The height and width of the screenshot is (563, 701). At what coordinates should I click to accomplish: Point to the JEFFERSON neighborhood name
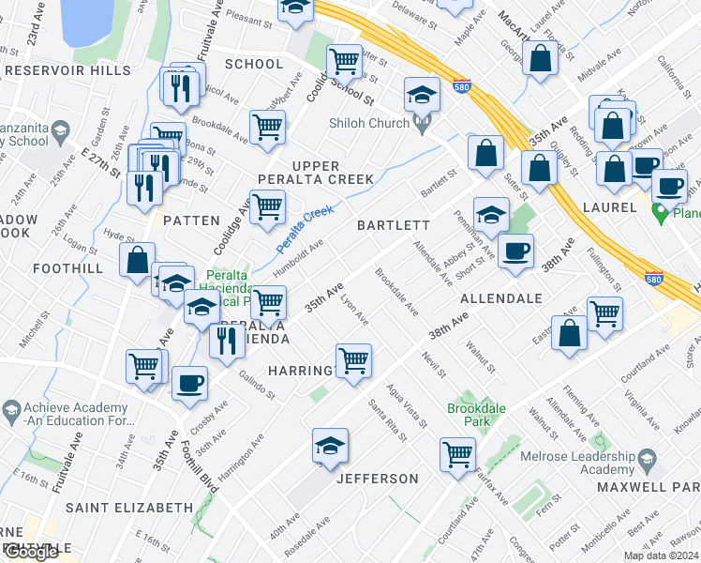click(378, 479)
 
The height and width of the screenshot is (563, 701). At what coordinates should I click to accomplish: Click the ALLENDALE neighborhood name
click(501, 298)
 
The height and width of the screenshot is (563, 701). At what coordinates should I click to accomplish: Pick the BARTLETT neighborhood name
click(393, 226)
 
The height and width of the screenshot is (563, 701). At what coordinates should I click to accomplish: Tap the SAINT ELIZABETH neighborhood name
click(128, 508)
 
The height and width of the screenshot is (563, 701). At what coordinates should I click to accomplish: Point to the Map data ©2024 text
click(661, 555)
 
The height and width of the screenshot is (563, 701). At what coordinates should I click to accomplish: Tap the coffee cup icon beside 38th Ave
click(515, 251)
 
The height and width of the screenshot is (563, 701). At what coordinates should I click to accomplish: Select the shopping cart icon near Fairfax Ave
click(457, 454)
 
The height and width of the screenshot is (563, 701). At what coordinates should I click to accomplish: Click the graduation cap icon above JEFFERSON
click(330, 445)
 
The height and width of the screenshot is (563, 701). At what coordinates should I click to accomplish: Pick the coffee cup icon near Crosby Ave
click(190, 383)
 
